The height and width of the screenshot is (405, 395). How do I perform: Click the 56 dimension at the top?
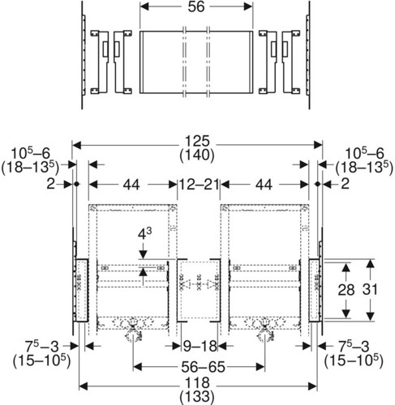pyautogui.click(x=196, y=6)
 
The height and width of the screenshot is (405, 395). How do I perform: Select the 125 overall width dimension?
pyautogui.click(x=197, y=141)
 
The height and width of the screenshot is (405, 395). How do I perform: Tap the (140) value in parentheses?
pyautogui.click(x=197, y=155)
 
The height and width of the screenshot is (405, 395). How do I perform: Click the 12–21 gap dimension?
pyautogui.click(x=199, y=185)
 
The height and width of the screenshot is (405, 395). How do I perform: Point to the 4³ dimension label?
pyautogui.click(x=144, y=234)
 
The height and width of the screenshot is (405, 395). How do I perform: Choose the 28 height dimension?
pyautogui.click(x=346, y=290)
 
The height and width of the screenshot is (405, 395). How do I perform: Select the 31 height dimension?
pyautogui.click(x=370, y=289)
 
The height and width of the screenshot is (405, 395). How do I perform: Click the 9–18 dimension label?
pyautogui.click(x=200, y=346)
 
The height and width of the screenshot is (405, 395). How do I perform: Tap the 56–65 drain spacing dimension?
pyautogui.click(x=203, y=367)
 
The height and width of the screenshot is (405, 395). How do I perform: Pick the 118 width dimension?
pyautogui.click(x=197, y=383)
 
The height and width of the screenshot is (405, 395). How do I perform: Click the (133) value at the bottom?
pyautogui.click(x=197, y=397)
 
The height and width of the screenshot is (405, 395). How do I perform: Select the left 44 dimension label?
pyautogui.click(x=131, y=185)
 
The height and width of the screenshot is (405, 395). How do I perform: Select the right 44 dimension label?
pyautogui.click(x=264, y=185)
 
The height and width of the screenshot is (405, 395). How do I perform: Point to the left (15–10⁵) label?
pyautogui.click(x=41, y=360)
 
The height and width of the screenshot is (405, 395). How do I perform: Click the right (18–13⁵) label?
pyautogui.click(x=364, y=168)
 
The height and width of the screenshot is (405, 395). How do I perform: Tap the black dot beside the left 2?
pyautogui.click(x=76, y=184)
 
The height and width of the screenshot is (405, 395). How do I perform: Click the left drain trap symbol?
pyautogui.click(x=133, y=331)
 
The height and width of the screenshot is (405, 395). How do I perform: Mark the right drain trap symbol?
pyautogui.click(x=265, y=331)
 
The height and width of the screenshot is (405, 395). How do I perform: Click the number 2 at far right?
pyautogui.click(x=346, y=184)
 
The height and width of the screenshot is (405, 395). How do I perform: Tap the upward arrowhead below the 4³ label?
pyautogui.click(x=144, y=272)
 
